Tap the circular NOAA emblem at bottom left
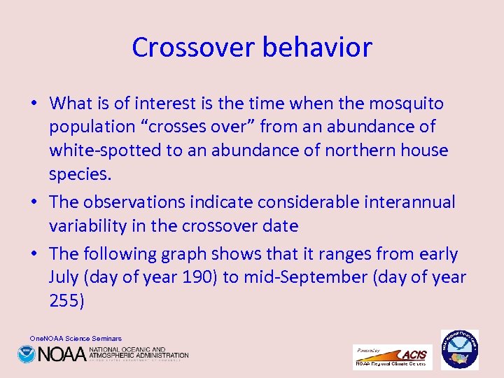coord(27,354)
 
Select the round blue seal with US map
coord(459,349)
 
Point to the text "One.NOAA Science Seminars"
coord(76,338)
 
